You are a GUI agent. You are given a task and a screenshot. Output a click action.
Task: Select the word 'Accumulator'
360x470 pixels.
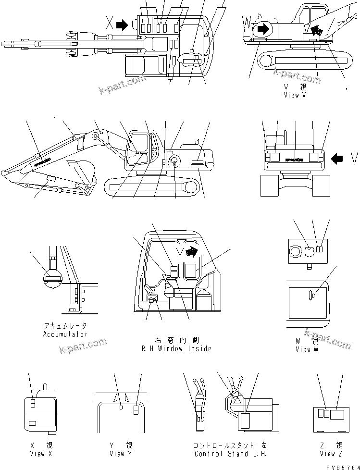tap(65, 334)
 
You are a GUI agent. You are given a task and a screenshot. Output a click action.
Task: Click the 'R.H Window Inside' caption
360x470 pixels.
tap(176, 348)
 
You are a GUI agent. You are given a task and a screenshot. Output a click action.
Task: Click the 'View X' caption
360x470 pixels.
tap(37, 454)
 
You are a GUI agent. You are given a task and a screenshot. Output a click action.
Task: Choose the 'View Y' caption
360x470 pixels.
tap(117, 454)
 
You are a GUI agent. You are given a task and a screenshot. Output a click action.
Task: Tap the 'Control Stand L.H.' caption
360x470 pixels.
tap(230, 454)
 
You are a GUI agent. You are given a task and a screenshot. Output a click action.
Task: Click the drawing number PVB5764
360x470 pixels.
tap(342, 465)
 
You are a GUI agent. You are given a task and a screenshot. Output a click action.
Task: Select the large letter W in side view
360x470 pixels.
tap(247, 23)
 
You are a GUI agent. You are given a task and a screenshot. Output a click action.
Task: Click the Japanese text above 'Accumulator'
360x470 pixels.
tap(65, 326)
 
